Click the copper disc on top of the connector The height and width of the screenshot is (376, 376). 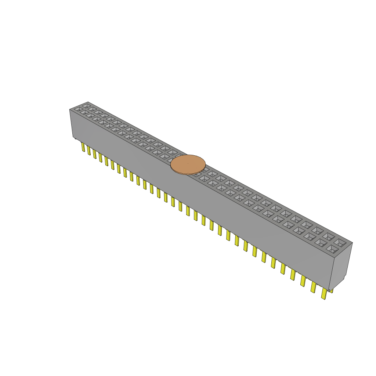(188, 164)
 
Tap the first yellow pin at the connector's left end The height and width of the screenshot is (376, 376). (83, 147)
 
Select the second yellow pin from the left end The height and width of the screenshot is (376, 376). (89, 150)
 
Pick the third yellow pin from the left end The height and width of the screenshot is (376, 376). (95, 153)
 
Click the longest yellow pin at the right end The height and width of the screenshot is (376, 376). (324, 293)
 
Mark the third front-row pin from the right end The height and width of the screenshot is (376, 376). (303, 281)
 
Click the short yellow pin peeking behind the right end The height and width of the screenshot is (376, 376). (332, 290)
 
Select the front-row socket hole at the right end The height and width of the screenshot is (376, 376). (332, 249)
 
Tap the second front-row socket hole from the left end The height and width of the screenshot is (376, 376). (84, 112)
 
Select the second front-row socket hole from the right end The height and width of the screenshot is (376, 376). (321, 242)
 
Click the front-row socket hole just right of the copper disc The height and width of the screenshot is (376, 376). (204, 178)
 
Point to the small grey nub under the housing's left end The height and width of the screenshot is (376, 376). (75, 138)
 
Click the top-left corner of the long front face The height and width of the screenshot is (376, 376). (70, 110)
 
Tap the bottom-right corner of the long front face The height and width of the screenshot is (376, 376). (329, 290)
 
